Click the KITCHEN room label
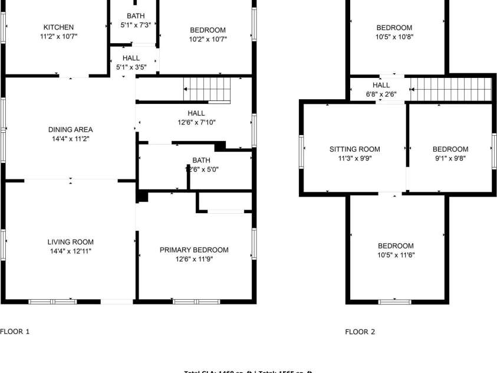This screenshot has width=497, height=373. pyautogui.click(x=58, y=27)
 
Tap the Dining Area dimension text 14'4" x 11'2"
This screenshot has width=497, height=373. pyautogui.click(x=70, y=139)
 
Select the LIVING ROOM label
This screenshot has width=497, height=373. pyautogui.click(x=70, y=242)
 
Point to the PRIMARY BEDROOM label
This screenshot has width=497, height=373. pyautogui.click(x=194, y=250)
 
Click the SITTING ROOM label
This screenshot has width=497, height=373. pyautogui.click(x=354, y=149)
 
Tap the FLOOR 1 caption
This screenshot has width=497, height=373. pyautogui.click(x=15, y=332)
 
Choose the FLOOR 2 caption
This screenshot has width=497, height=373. pyautogui.click(x=360, y=332)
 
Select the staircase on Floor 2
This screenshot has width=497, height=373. pyautogui.click(x=451, y=89)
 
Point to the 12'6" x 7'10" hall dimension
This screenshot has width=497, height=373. pyautogui.click(x=196, y=122)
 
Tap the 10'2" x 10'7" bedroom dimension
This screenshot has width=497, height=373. pyautogui.click(x=208, y=39)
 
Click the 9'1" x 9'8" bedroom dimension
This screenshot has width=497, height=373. pyautogui.click(x=450, y=158)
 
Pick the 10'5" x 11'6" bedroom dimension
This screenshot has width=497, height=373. pyautogui.click(x=395, y=255)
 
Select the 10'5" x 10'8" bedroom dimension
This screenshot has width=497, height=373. pyautogui.click(x=394, y=37)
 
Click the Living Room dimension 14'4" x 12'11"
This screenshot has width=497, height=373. pyautogui.click(x=70, y=251)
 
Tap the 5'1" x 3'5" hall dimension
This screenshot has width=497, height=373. pyautogui.click(x=131, y=67)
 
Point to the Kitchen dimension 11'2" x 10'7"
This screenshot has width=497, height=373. pyautogui.click(x=58, y=36)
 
